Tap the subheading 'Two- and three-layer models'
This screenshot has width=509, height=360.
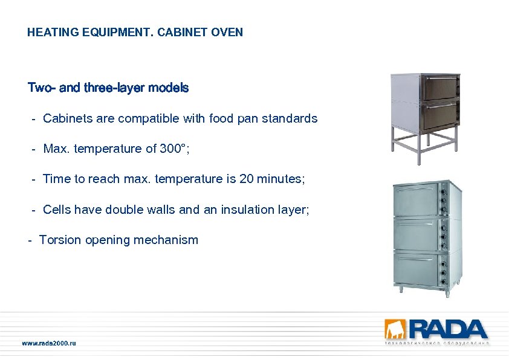tap(108, 88)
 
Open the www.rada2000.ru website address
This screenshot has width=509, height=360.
tap(49, 343)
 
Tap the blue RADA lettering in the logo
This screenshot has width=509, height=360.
tap(447, 329)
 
